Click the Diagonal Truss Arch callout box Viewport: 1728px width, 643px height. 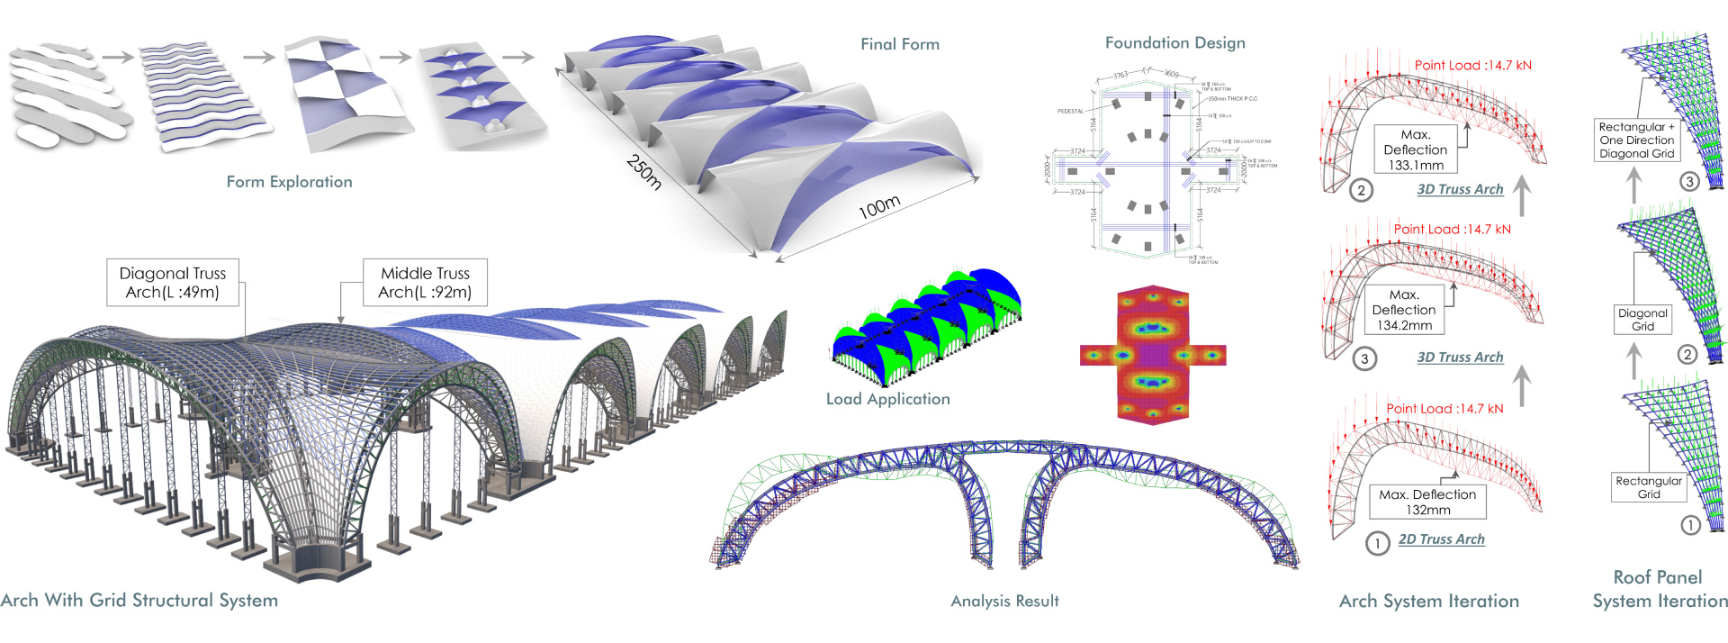(173, 283)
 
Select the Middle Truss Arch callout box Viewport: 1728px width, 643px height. (425, 283)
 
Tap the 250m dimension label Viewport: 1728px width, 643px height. (644, 171)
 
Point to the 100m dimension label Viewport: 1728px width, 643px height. (878, 207)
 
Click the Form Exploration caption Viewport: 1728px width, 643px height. (289, 182)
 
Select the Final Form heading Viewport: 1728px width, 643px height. (899, 44)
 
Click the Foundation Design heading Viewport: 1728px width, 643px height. (1174, 43)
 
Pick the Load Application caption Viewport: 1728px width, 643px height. (887, 399)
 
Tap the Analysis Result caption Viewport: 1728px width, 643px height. (1004, 601)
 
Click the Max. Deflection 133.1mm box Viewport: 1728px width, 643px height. (1415, 149)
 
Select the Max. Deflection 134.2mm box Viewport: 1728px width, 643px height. (1403, 310)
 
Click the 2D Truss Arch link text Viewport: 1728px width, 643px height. (1441, 539)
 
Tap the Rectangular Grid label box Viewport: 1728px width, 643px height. (1648, 487)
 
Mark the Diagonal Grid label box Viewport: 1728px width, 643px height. (1642, 320)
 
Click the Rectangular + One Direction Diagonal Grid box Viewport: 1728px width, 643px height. (1636, 140)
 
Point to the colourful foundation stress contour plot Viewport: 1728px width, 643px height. (1152, 356)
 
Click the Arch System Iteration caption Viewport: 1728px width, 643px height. (1428, 601)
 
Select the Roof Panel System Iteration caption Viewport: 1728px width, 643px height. (1659, 589)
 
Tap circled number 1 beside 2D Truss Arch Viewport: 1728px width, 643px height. (1377, 543)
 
